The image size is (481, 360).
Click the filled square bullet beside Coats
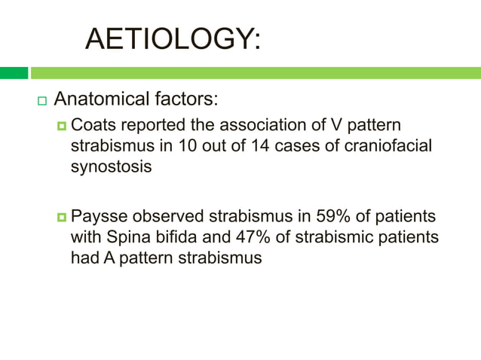click(x=63, y=126)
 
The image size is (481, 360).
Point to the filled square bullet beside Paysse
click(x=63, y=218)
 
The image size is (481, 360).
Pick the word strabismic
click(x=328, y=238)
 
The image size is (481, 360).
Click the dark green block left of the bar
click(x=14, y=73)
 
